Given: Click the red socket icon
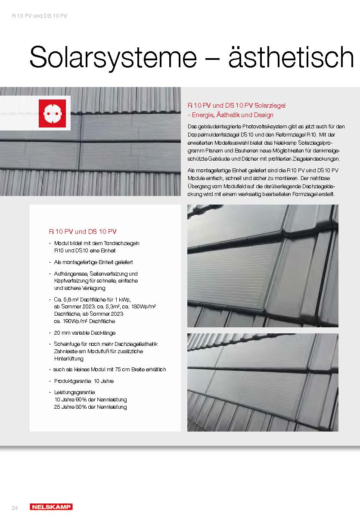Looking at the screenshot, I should (x=52, y=113).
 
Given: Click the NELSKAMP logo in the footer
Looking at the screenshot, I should (x=51, y=507).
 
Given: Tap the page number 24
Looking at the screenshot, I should (x=15, y=508).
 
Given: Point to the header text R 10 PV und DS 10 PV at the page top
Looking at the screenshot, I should (x=39, y=16).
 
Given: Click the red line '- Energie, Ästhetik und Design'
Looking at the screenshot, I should (x=230, y=115).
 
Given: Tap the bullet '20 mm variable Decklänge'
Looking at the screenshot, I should (x=84, y=333).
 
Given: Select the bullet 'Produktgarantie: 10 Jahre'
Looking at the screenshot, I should (x=84, y=381).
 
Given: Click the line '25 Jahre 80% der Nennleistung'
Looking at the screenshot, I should (x=90, y=407).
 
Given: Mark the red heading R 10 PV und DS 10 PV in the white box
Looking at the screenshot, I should (x=83, y=231).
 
